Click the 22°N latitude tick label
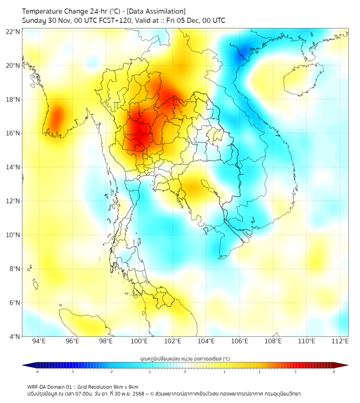click(13, 31)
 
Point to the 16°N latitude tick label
click(13, 133)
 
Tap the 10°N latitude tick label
click(13, 235)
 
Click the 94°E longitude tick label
click(39, 341)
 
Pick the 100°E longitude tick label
click(139, 341)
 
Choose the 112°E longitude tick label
click(340, 341)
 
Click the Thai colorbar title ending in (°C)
click(185, 358)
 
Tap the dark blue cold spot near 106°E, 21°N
click(244, 51)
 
